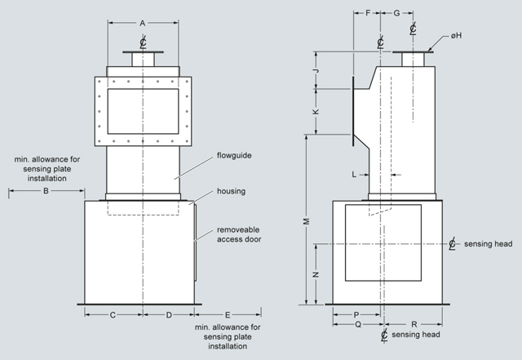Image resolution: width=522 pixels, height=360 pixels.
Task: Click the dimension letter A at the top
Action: [x=143, y=24]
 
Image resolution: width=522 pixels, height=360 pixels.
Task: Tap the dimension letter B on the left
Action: [x=46, y=191]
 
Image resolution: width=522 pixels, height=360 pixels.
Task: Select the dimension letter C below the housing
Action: [x=113, y=315]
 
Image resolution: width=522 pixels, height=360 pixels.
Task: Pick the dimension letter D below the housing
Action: [x=169, y=315]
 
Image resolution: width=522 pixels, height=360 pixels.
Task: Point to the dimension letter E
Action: [x=228, y=315]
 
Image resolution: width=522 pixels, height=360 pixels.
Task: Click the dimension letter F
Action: [x=368, y=13]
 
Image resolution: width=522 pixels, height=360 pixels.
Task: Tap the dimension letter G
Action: [x=396, y=13]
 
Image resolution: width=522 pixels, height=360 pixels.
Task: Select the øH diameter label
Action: [x=457, y=35]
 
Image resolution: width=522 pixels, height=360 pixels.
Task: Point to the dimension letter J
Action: [x=316, y=71]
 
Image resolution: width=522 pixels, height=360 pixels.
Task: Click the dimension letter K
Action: [x=316, y=111]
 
